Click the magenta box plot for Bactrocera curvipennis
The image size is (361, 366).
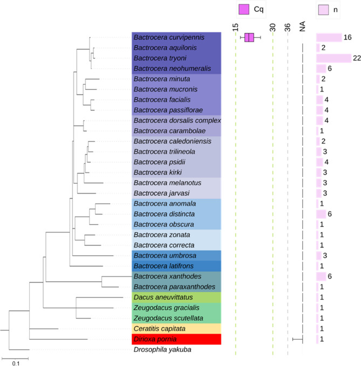coord(249,37)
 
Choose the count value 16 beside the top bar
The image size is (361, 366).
coord(348,37)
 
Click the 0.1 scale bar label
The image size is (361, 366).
coord(16,362)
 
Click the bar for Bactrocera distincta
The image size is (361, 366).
coord(321,214)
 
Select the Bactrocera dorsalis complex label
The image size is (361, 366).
coord(177,120)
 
